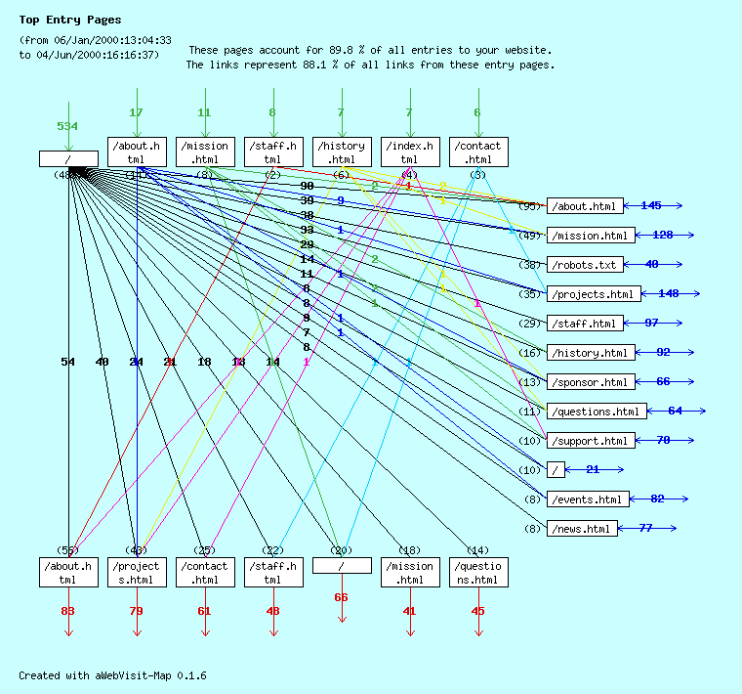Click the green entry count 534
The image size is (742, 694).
pos(67,126)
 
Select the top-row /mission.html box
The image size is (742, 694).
pos(205,152)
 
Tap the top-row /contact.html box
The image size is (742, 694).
pos(478,152)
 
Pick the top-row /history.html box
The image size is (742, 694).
pos(342,152)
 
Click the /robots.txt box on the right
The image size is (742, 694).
pos(584,265)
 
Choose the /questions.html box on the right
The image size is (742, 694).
pos(596,412)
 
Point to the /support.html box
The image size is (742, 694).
pos(590,441)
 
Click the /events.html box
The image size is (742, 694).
pos(587,499)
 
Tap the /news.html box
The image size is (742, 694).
pos(582,529)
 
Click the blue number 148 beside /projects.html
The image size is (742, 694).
pos(668,293)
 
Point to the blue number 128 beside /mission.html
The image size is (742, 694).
pos(662,235)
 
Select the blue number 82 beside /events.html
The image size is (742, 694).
pos(657,499)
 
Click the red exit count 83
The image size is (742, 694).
pos(67,611)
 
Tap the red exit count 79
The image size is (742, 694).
pos(136,611)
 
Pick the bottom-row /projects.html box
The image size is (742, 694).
pos(137,573)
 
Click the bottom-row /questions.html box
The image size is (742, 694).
pos(478,573)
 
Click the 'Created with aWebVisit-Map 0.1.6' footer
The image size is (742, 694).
pos(112,675)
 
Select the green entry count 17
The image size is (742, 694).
pos(136,112)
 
